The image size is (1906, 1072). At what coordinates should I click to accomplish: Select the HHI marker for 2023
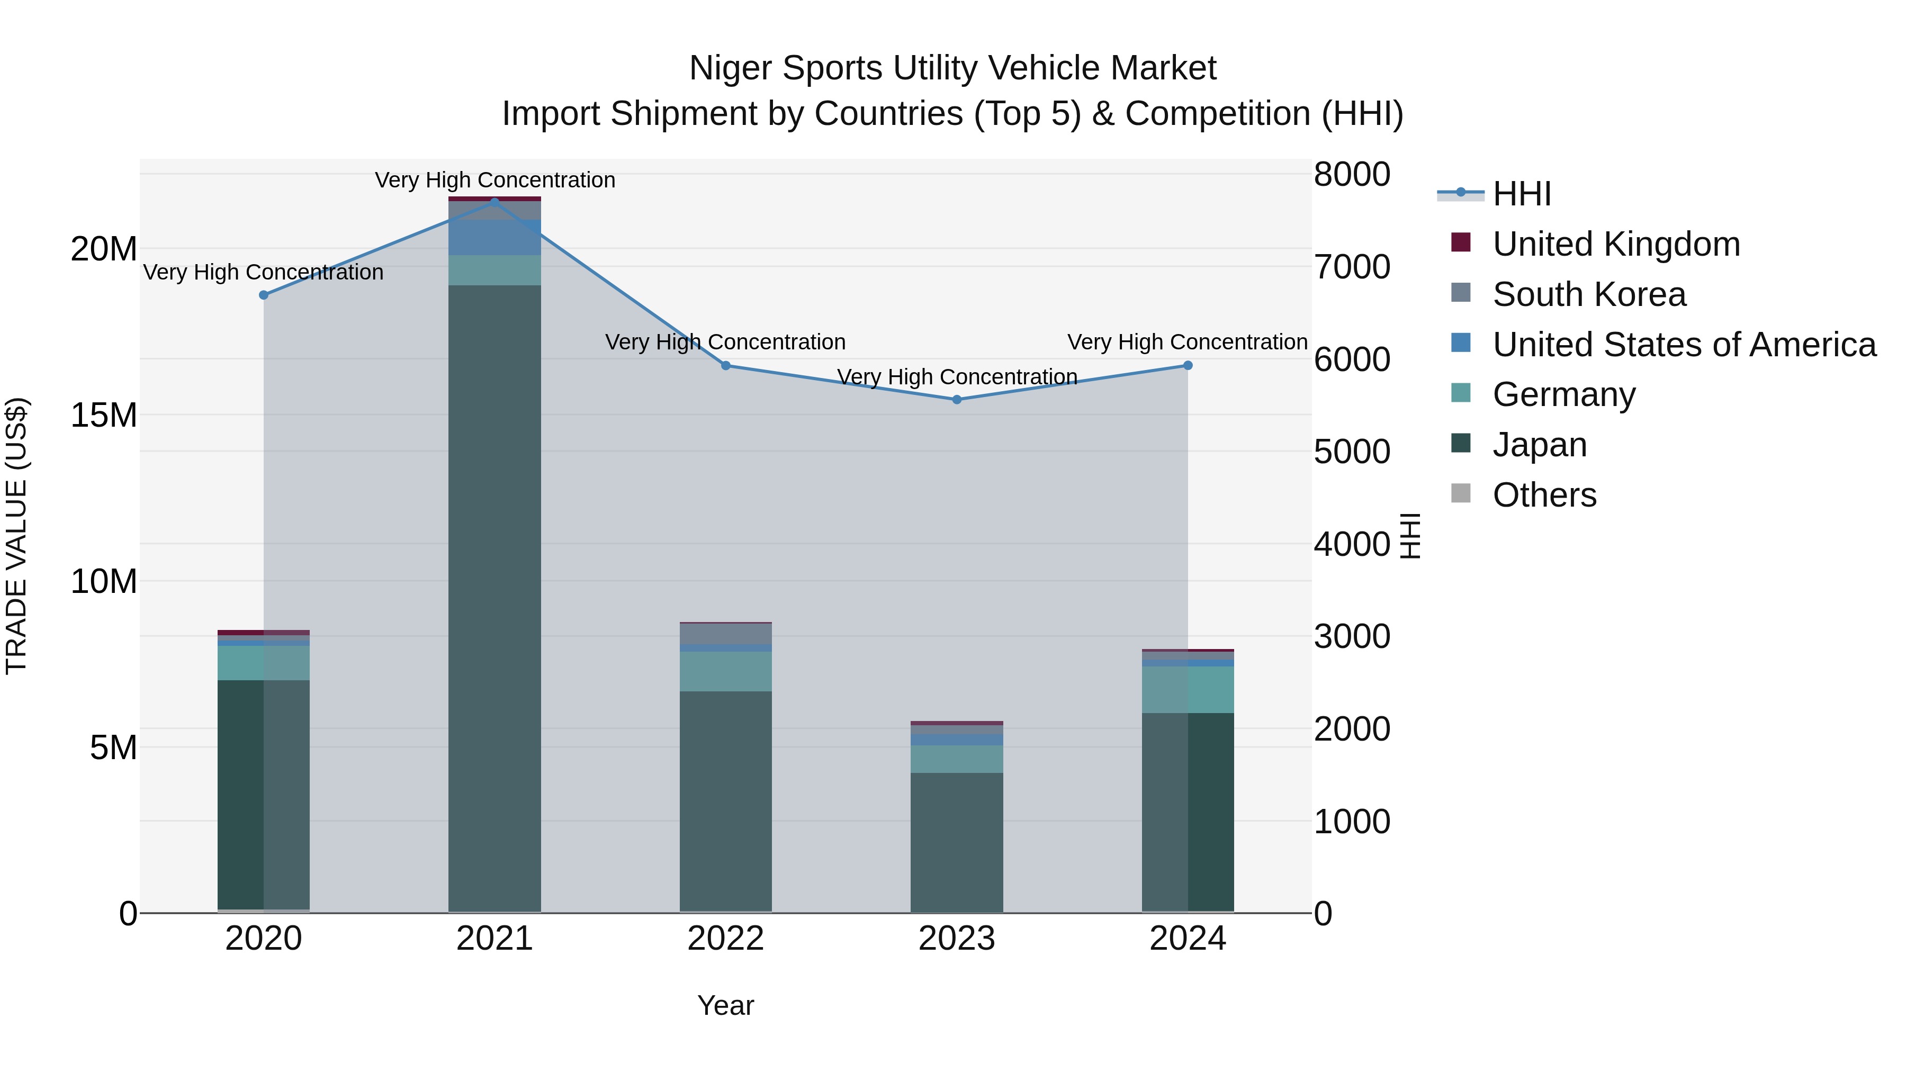tap(957, 400)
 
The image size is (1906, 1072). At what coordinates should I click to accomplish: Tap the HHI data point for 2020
tap(264, 295)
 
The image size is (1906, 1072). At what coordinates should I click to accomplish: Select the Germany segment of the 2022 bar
tap(725, 671)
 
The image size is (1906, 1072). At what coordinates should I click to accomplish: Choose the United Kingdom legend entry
tap(1615, 244)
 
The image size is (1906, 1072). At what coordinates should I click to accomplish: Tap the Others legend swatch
tap(1461, 493)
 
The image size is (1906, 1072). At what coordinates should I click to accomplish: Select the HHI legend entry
tap(1521, 194)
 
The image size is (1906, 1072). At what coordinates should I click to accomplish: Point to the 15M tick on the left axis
tap(104, 415)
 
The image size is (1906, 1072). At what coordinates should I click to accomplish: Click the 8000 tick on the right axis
tap(1352, 175)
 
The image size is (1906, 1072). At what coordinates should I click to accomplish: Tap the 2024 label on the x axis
tap(1188, 939)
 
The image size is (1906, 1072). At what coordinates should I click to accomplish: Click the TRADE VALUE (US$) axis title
tap(16, 536)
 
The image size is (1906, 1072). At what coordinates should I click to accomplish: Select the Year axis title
tap(725, 1005)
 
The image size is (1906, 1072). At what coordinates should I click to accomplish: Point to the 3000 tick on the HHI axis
tap(1352, 636)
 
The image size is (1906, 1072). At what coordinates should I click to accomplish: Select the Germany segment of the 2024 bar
tap(1188, 689)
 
